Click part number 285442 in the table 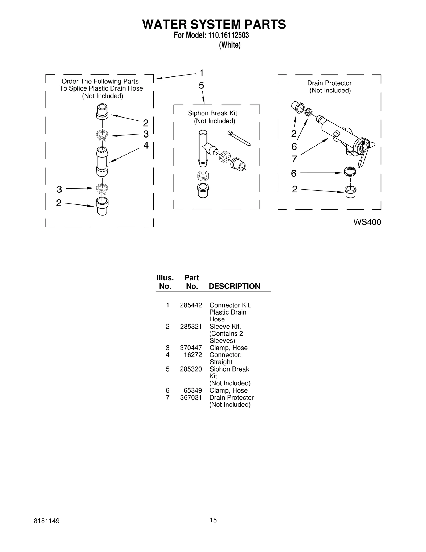point(191,305)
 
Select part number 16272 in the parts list point(193,355)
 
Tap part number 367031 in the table point(191,397)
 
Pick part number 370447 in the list point(191,348)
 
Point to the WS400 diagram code point(367,222)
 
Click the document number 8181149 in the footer point(47,528)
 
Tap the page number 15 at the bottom point(213,527)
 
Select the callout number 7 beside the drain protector point(294,159)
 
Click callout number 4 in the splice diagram point(146,145)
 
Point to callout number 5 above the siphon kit point(201,86)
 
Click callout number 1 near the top point(202,73)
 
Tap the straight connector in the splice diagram point(102,161)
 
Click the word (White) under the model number point(230,45)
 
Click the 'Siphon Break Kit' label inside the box point(212,113)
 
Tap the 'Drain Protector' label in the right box point(329,83)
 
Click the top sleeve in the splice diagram point(102,111)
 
